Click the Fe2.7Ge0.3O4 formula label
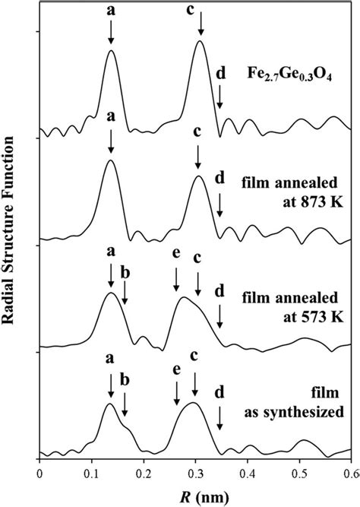coord(289,74)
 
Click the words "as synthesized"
coord(294,413)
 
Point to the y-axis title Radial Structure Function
coord(8,230)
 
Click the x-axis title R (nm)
coord(194,496)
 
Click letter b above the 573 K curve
coord(125,273)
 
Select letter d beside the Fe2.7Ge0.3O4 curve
coord(220,74)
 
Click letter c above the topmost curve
coord(191,9)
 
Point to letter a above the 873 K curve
coord(111,117)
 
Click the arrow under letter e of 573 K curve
coord(176,280)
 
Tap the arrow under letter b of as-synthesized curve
coord(125,404)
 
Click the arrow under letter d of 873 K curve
coord(219,206)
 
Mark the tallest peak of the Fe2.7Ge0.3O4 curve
coord(200,41)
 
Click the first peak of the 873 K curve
coord(111,160)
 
